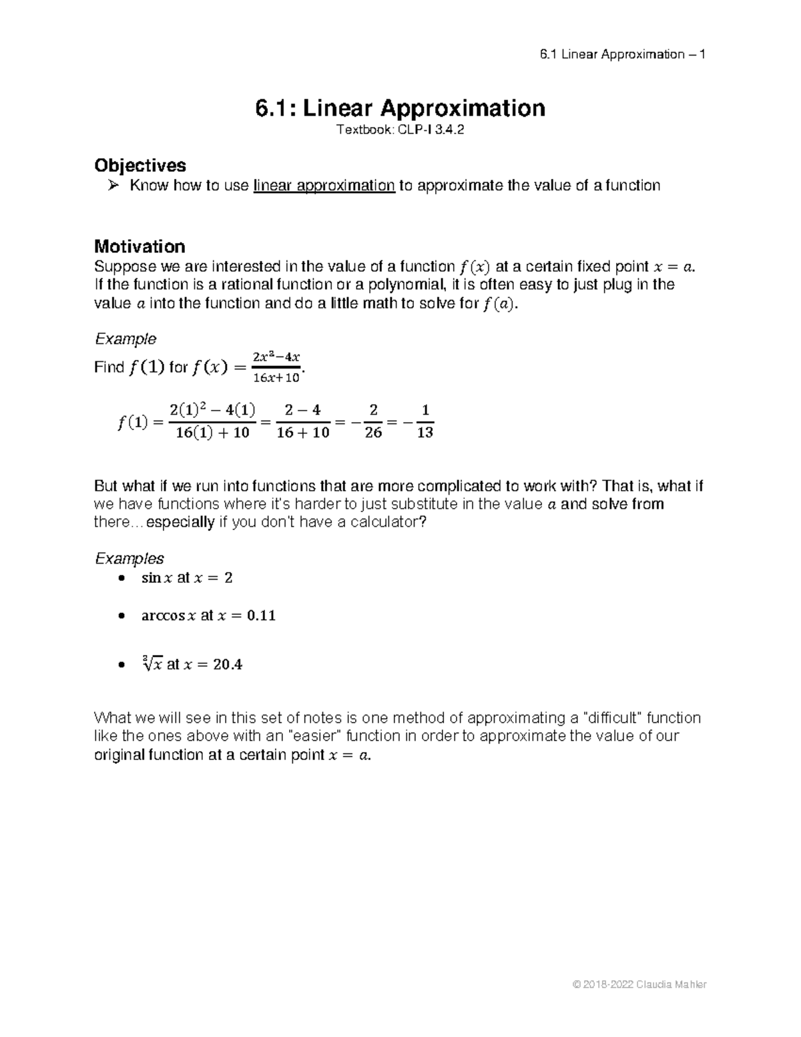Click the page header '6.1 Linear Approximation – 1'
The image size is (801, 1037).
(x=622, y=54)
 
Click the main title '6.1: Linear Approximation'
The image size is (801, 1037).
(x=400, y=108)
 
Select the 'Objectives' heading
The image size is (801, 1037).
(x=140, y=165)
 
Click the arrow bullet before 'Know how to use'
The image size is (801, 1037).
(x=114, y=186)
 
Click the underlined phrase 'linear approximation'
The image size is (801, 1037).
(x=324, y=186)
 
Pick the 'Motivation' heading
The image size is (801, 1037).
(x=140, y=246)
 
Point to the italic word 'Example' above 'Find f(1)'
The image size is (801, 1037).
(x=125, y=339)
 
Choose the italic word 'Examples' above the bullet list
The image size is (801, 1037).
(x=129, y=558)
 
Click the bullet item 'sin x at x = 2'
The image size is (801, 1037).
(x=187, y=578)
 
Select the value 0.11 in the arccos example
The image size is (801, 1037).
(x=261, y=616)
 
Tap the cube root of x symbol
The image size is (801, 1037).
(x=152, y=664)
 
